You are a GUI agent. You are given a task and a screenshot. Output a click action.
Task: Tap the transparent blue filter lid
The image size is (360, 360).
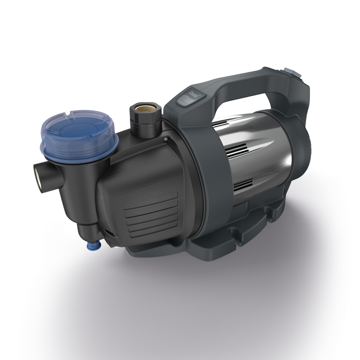pyautogui.click(x=79, y=130)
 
